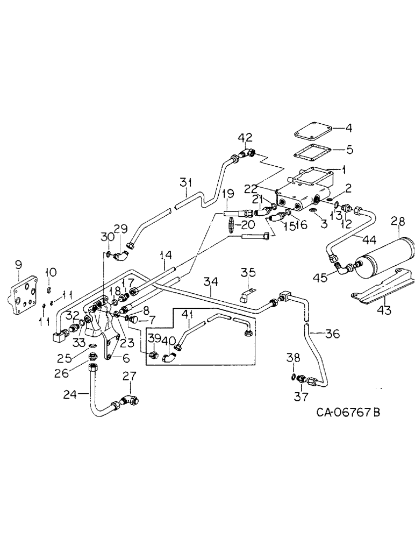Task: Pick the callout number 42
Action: click(247, 137)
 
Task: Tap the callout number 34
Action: click(211, 281)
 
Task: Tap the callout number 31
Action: click(185, 183)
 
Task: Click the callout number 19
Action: click(227, 193)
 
